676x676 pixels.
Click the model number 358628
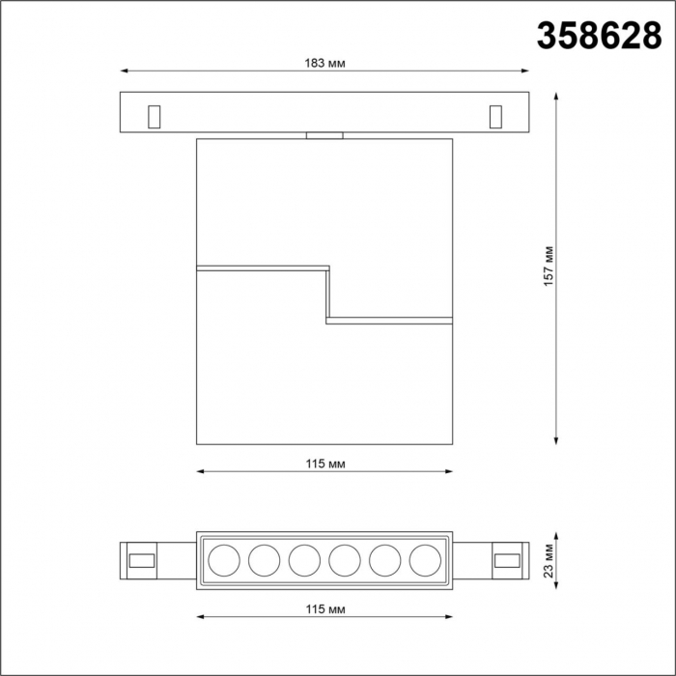coord(599,37)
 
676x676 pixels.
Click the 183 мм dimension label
coord(324,64)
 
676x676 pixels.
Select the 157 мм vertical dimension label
coord(549,267)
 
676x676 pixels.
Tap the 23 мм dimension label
coord(549,560)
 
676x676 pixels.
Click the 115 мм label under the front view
coord(325,464)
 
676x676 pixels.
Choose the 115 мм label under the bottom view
coord(325,609)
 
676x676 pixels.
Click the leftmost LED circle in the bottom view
coord(224,560)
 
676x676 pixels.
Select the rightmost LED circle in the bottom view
coord(425,560)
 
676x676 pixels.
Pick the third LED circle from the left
coord(304,560)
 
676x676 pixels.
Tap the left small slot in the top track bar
coord(154,117)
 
